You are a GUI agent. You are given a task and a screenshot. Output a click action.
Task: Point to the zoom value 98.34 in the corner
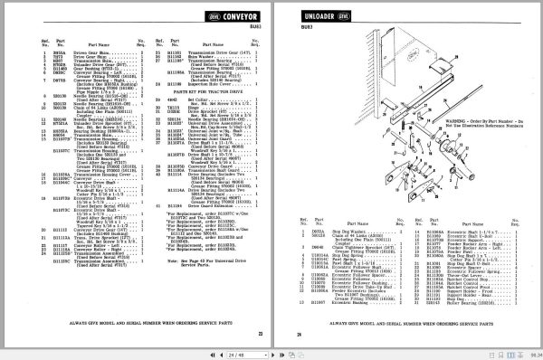[x=533, y=353]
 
